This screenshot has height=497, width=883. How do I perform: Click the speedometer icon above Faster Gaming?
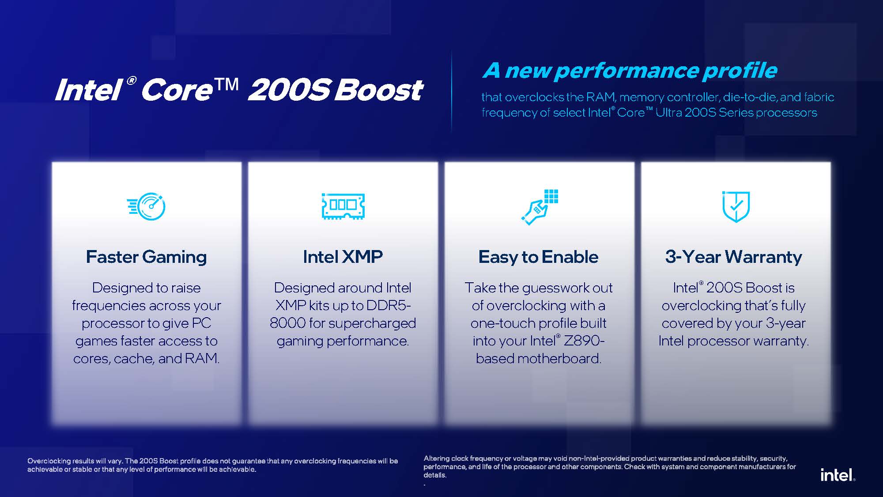(146, 206)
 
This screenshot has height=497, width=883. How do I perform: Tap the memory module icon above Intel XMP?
(343, 206)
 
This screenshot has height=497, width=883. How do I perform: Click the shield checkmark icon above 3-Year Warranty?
(736, 206)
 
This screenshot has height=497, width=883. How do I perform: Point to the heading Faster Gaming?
(146, 257)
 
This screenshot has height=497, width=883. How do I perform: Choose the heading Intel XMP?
(343, 257)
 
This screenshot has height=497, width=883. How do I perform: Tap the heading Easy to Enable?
(538, 257)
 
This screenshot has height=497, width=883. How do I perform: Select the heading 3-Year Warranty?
(733, 257)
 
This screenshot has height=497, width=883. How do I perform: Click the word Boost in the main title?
(378, 90)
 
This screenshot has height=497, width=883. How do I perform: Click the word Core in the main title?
(177, 90)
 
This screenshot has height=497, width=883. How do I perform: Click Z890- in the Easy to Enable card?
(583, 341)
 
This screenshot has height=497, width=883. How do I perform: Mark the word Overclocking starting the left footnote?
(49, 461)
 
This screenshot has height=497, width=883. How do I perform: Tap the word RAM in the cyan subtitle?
(600, 97)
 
